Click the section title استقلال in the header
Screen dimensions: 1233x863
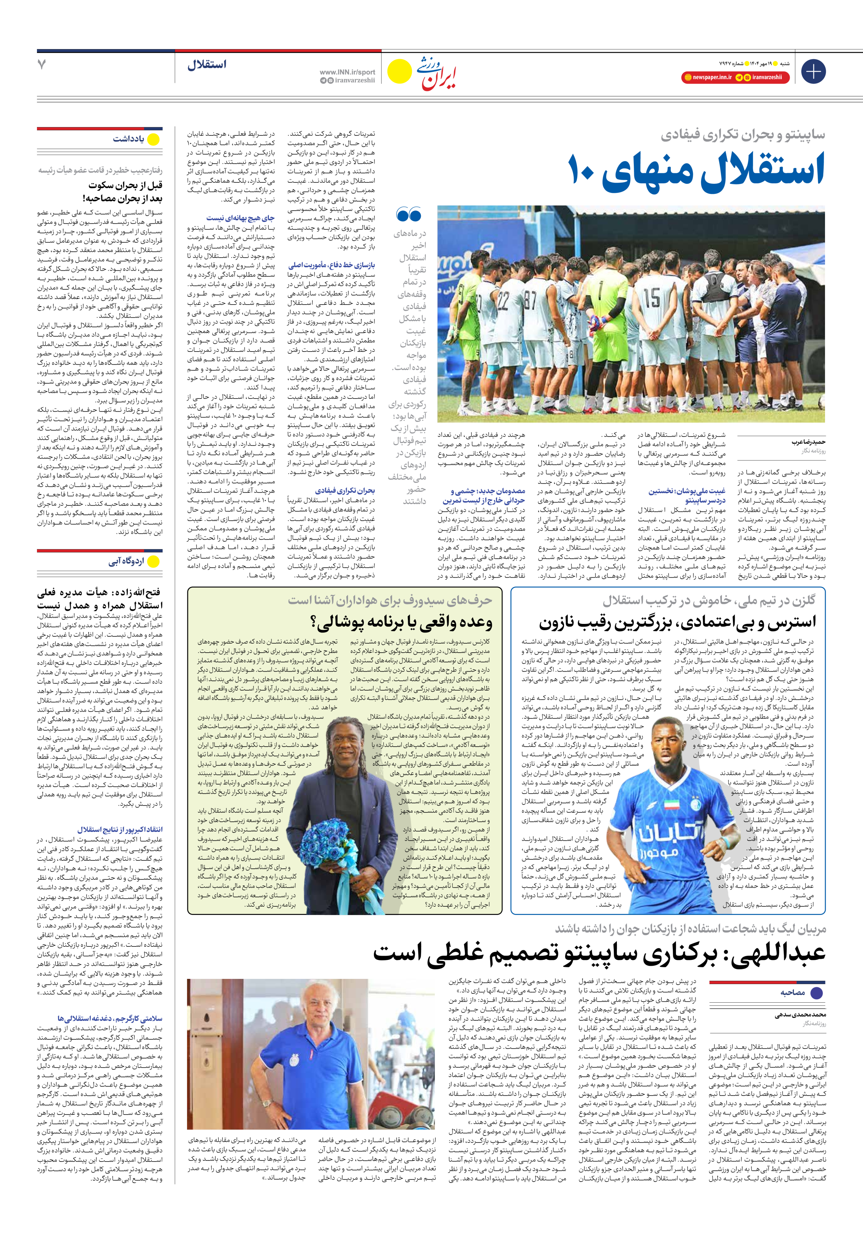pyautogui.click(x=207, y=65)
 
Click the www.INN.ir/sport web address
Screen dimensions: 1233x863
pyautogui.click(x=347, y=72)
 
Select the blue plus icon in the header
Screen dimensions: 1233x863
pyautogui.click(x=813, y=72)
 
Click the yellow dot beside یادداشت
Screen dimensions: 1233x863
pyautogui.click(x=154, y=139)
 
